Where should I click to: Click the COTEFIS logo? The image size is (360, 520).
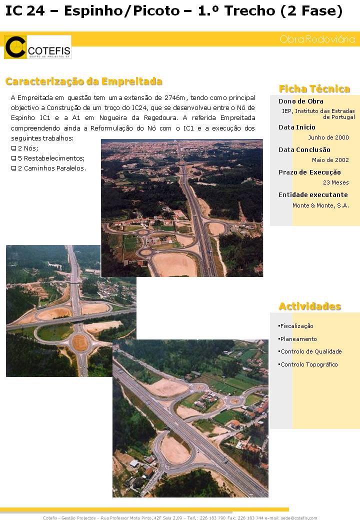tap(37, 47)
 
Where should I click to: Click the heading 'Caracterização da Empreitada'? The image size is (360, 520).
tap(84, 81)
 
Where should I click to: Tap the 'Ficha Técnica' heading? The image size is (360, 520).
tap(314, 89)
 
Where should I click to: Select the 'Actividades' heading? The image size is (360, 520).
tap(309, 306)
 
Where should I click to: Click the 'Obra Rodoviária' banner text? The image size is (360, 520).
tap(317, 39)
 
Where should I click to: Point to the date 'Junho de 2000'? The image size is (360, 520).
tap(328, 137)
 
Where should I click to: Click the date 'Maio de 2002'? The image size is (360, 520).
tap(330, 160)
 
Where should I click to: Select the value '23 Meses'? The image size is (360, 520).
tap(335, 182)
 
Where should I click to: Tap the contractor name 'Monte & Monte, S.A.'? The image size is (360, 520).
tap(320, 205)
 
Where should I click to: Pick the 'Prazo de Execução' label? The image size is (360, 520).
tap(309, 172)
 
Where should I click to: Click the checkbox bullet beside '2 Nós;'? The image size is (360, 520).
tap(13, 148)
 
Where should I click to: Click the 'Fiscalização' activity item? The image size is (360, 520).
tap(296, 326)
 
